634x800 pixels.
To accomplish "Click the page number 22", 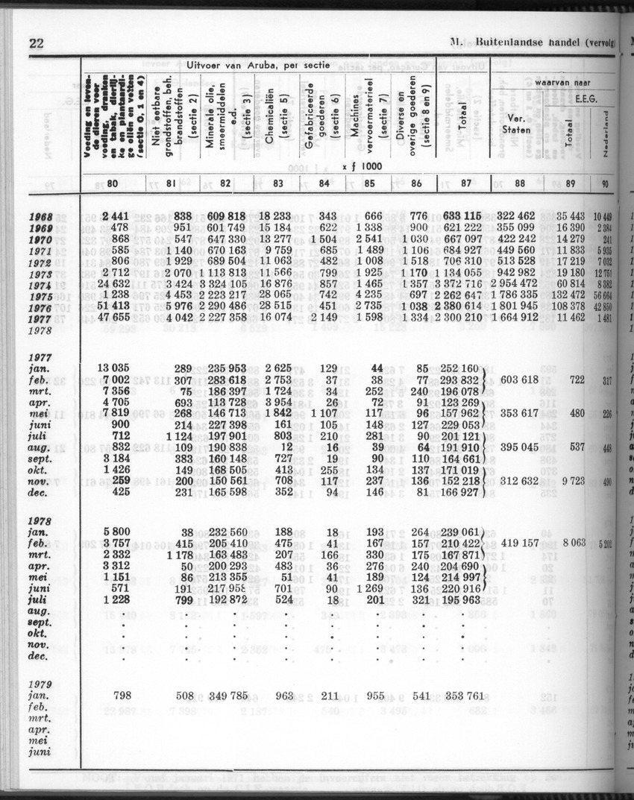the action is (x=37, y=42).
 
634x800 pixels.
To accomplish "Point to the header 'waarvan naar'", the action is (x=563, y=80).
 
